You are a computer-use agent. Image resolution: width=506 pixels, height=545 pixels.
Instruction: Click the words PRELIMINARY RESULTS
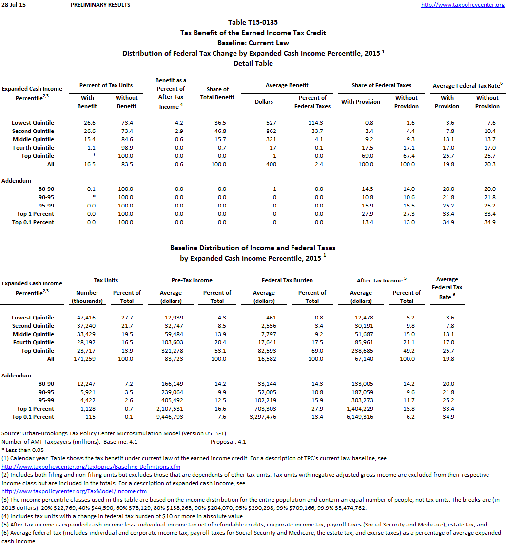tap(100, 5)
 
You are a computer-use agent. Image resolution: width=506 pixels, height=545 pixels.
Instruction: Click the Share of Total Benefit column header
tap(217, 93)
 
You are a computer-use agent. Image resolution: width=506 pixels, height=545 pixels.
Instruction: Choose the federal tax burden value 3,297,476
tap(264, 417)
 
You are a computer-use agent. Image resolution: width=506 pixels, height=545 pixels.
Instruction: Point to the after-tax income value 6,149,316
tap(361, 417)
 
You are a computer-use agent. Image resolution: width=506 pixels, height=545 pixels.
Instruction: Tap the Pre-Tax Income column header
tap(193, 280)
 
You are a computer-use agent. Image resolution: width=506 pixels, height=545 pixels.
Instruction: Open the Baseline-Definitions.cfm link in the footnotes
tap(91, 467)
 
